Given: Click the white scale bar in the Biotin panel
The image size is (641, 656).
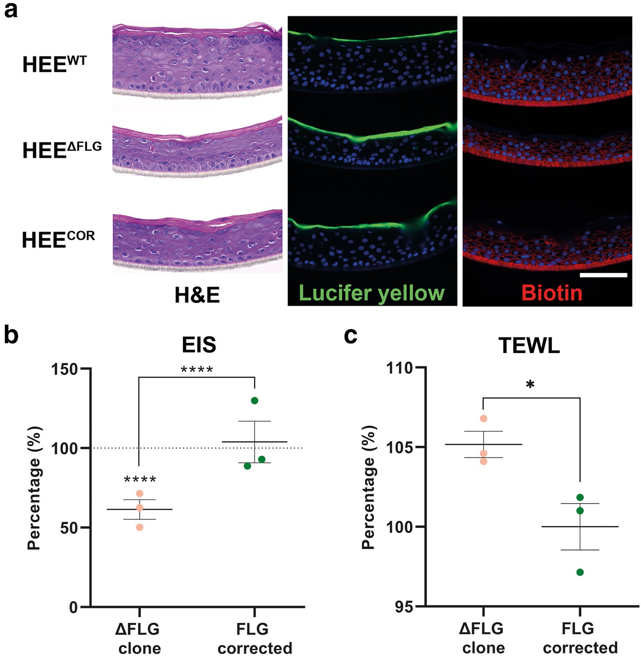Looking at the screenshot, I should (x=603, y=275).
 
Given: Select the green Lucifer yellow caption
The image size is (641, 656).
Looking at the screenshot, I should (x=371, y=294).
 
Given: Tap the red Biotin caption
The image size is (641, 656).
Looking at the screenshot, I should (x=552, y=294).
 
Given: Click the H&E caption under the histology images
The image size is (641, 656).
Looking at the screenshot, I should (x=197, y=296).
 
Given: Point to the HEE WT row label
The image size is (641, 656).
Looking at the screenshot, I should (x=54, y=64).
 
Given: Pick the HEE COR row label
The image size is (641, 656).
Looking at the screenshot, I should (x=58, y=239).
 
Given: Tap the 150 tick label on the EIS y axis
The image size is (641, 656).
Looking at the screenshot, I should (x=64, y=369).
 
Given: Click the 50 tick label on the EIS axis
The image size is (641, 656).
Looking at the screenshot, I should (x=69, y=528).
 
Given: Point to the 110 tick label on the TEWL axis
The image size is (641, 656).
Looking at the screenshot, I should (x=400, y=368).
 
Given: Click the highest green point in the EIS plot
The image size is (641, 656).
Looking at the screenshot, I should (x=254, y=400).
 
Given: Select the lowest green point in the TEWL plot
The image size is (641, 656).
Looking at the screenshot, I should (x=580, y=572).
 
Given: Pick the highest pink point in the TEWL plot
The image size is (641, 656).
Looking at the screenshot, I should (x=484, y=419).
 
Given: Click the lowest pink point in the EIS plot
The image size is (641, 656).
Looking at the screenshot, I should (x=139, y=527).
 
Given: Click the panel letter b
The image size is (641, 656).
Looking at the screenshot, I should (x=11, y=335).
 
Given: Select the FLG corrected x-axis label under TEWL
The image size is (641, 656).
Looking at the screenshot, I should (x=580, y=638).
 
